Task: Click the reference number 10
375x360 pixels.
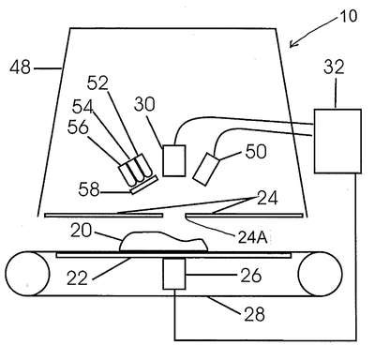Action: pyautogui.click(x=348, y=16)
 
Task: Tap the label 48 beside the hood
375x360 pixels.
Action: pyautogui.click(x=21, y=67)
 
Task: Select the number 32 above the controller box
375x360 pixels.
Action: pyautogui.click(x=334, y=67)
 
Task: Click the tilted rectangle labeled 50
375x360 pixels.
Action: pyautogui.click(x=206, y=169)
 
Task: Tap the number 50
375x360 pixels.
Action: pyautogui.click(x=256, y=152)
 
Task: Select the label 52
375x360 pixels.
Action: pyautogui.click(x=97, y=83)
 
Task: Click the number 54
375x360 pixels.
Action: pyautogui.click(x=82, y=107)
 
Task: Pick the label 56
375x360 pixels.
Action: pyautogui.click(x=78, y=127)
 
